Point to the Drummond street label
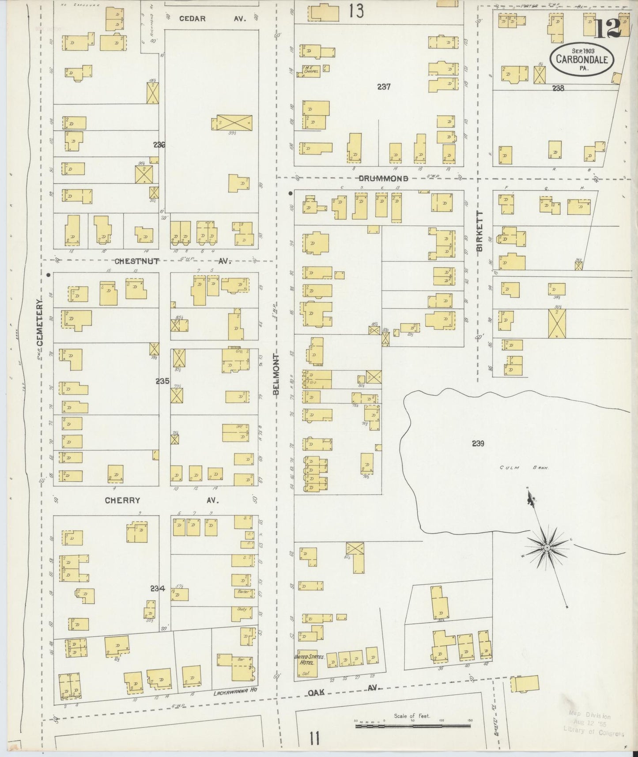tap(383, 178)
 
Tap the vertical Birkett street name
tap(479, 231)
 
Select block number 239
tap(478, 443)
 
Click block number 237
tap(384, 87)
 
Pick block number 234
tap(157, 588)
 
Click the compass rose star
tap(547, 548)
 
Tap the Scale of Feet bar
tap(412, 725)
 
